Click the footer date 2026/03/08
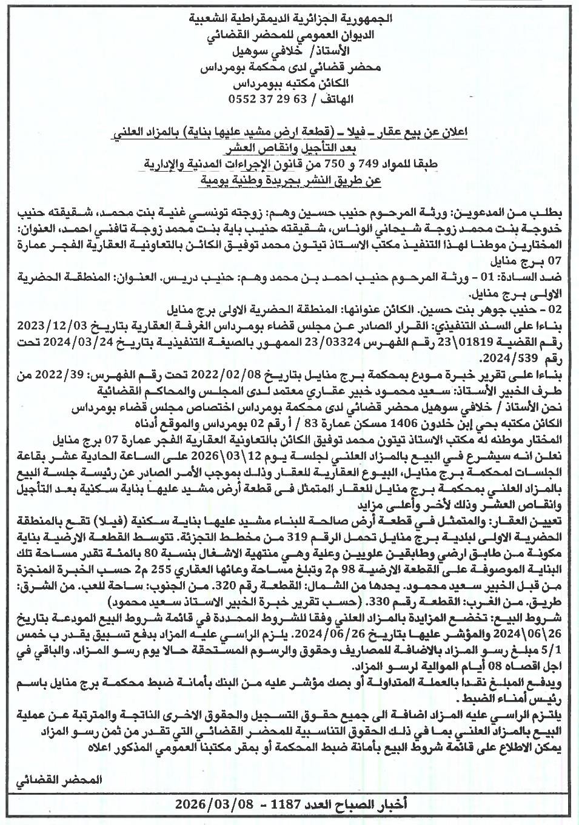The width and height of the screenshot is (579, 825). [x=208, y=805]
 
